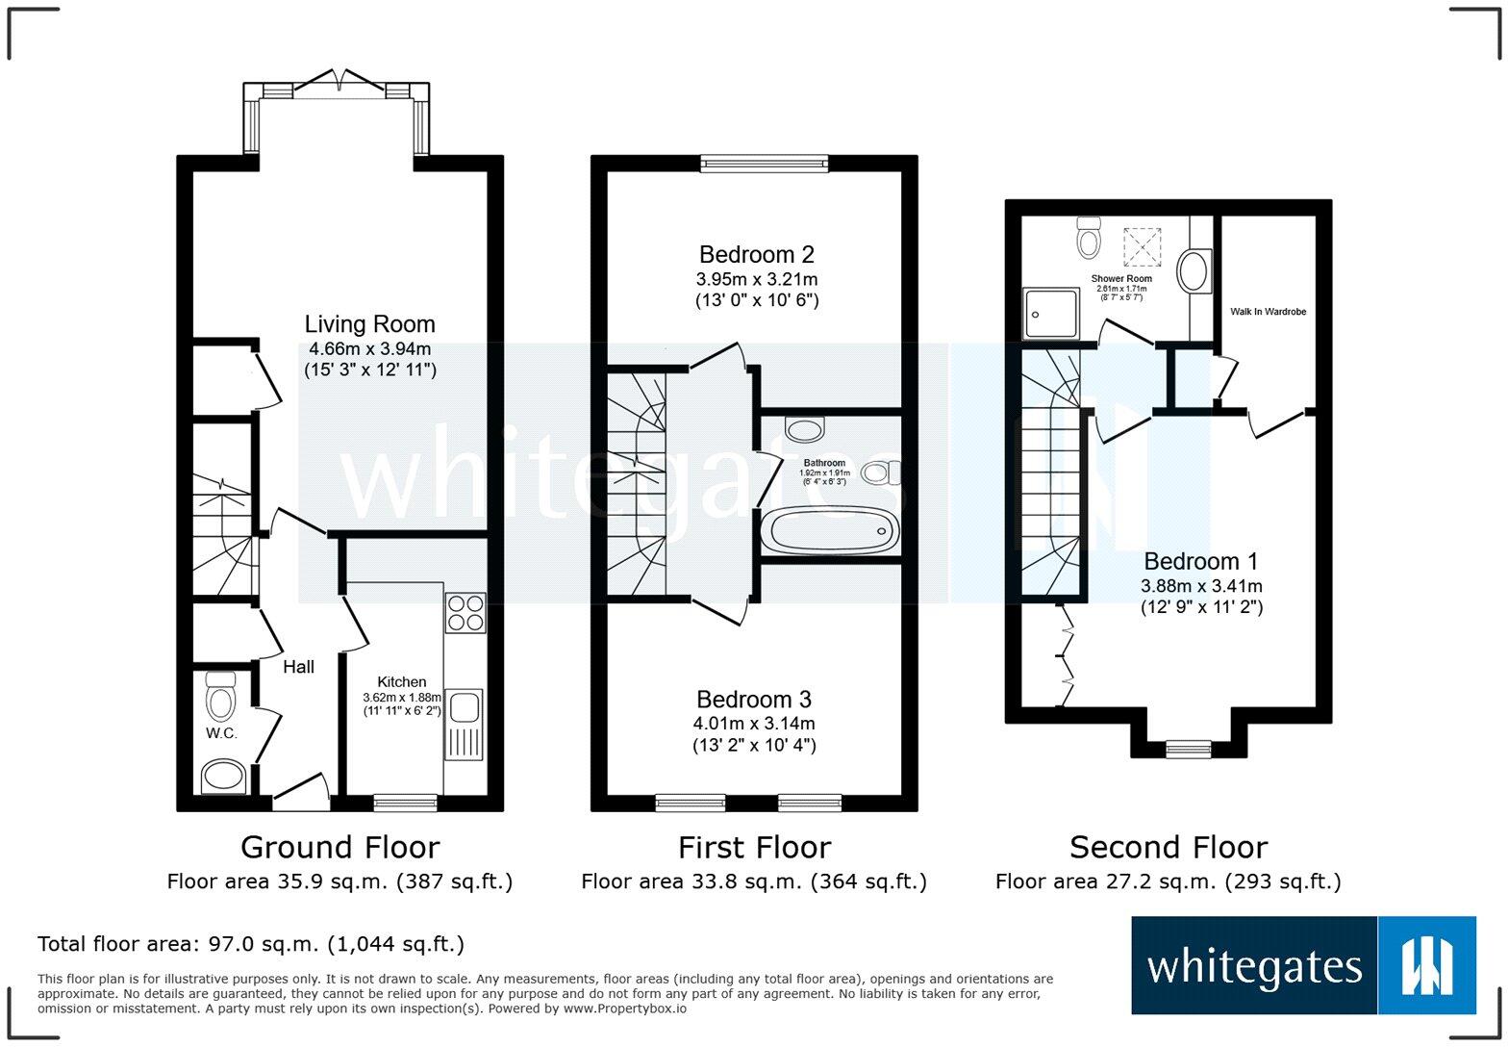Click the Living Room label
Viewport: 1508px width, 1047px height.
coord(369,324)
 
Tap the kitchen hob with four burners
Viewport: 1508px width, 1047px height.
coord(465,612)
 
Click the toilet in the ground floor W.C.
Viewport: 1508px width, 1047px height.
coord(220,696)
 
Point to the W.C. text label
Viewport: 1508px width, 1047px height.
coord(221,733)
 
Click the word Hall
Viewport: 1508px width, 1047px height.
coord(298,667)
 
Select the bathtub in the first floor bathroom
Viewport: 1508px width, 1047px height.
coord(829,531)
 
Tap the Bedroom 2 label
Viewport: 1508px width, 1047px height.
coord(756,255)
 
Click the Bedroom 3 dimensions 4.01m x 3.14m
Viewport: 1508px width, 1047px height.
coord(754,724)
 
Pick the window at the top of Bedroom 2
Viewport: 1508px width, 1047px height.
coord(764,164)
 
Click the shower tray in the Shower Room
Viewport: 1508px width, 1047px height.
coord(1050,313)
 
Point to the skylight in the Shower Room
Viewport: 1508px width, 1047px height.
coord(1143,244)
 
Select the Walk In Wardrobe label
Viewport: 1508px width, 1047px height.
coord(1268,312)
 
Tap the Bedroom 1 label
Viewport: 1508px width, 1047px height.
coord(1200,561)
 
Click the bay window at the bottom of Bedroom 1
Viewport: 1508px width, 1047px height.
coord(1189,748)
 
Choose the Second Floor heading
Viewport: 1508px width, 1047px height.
coord(1168,847)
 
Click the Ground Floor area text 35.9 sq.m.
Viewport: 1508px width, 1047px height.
coord(339,881)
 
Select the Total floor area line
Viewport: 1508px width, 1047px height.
coord(250,944)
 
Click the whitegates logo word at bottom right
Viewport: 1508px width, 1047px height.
coord(1254,966)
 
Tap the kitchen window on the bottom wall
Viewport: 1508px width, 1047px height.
coord(405,802)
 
